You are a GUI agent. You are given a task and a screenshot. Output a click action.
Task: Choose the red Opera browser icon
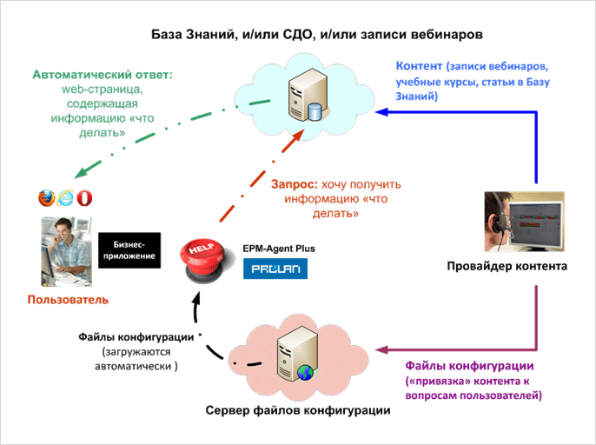84,197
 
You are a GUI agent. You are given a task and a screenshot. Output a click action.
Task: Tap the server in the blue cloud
309,92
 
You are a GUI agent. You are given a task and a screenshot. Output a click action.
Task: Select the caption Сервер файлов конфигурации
298,409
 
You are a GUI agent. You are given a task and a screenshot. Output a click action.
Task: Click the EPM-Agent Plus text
279,249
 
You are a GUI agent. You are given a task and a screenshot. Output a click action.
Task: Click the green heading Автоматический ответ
103,76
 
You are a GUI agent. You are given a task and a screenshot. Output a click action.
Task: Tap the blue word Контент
420,66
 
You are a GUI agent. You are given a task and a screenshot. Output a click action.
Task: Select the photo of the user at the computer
63,250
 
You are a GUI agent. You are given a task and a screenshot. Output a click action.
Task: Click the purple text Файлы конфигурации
470,365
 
